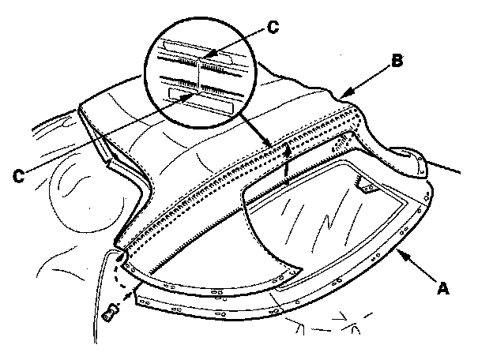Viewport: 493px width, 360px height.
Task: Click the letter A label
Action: point(444,288)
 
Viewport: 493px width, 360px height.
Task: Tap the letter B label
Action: point(399,60)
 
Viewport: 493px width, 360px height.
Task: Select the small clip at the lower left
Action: point(109,312)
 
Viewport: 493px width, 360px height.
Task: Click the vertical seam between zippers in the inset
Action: point(198,71)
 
